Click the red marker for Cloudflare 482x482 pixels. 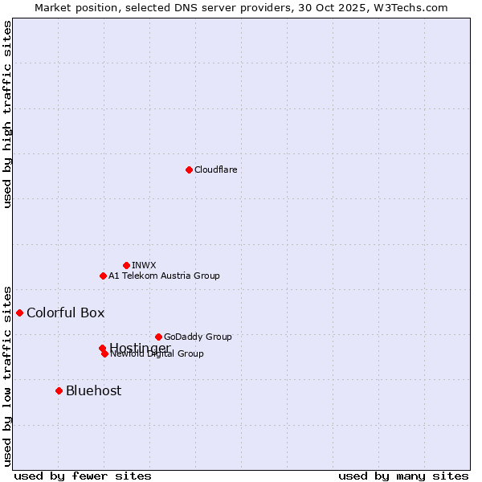[x=189, y=170]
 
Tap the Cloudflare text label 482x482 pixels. [x=215, y=170]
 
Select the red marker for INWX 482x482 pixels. [x=126, y=265]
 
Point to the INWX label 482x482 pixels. [x=144, y=265]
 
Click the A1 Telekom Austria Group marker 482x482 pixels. [x=103, y=276]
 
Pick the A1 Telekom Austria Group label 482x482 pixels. [x=164, y=276]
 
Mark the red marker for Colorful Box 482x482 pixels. [x=19, y=312]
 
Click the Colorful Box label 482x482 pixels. [x=65, y=312]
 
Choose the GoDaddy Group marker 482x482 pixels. [x=158, y=337]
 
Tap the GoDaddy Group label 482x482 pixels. [x=198, y=337]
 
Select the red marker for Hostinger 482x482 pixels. [x=102, y=348]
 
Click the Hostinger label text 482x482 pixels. [x=140, y=347]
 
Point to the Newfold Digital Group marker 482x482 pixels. [x=104, y=353]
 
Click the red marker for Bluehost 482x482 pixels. [x=59, y=390]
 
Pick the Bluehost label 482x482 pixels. [x=93, y=390]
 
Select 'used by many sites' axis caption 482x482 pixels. [x=403, y=476]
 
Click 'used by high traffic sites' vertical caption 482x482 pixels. [x=7, y=114]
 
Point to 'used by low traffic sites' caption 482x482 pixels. [x=7, y=375]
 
